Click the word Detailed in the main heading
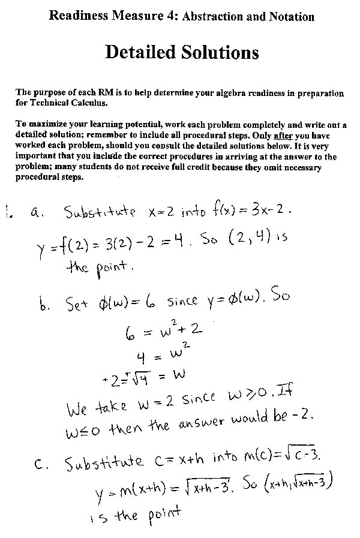pos(143,53)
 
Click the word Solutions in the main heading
pos(220,53)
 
